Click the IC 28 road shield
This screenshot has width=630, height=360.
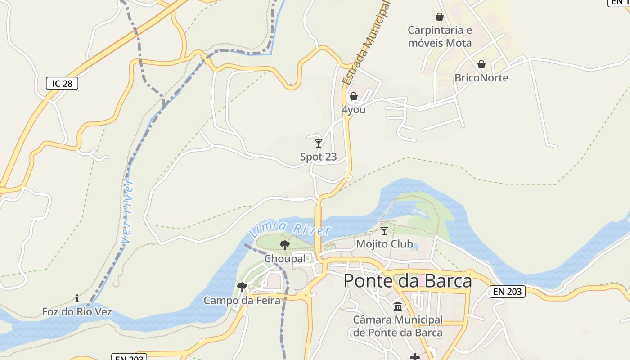click(62, 83)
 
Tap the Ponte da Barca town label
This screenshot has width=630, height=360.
click(408, 281)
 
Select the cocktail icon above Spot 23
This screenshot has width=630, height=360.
click(319, 144)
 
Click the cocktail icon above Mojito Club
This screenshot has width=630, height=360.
click(384, 231)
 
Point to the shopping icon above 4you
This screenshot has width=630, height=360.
click(354, 96)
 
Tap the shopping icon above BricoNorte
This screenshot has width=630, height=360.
click(481, 64)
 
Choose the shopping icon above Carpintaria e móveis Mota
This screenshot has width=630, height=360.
click(440, 17)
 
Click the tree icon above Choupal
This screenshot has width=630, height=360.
click(284, 245)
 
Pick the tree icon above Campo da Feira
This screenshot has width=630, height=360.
click(242, 287)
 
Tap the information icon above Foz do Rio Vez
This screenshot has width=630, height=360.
click(77, 298)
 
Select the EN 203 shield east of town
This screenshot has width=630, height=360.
click(507, 292)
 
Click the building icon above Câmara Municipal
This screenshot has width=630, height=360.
click(398, 306)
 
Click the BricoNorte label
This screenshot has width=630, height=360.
click(481, 78)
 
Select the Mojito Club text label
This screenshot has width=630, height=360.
click(384, 244)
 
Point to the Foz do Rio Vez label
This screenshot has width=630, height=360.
click(77, 311)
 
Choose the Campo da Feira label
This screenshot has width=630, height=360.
click(242, 300)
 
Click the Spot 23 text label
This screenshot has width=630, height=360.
click(318, 157)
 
